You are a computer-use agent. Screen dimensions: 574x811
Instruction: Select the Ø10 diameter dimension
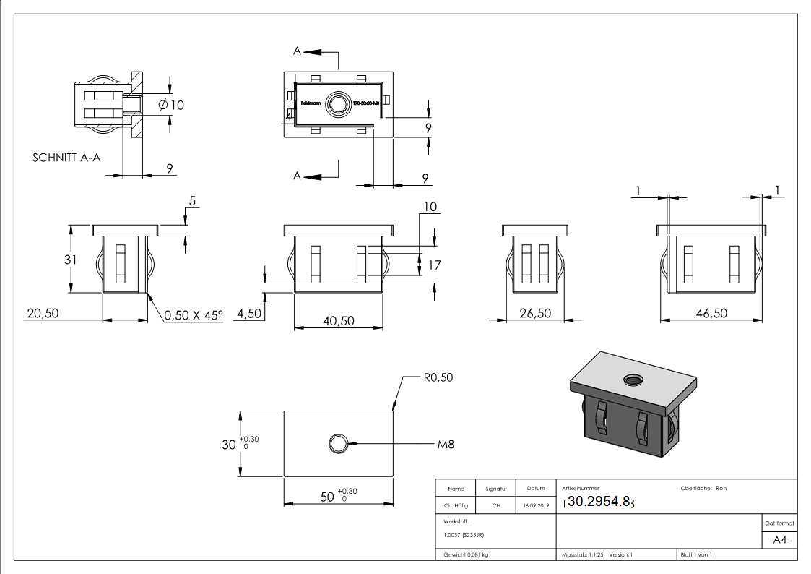[171, 105]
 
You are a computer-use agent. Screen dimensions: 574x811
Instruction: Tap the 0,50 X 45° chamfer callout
[194, 315]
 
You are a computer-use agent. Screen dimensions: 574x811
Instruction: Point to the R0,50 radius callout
[438, 377]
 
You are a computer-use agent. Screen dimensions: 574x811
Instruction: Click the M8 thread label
[446, 444]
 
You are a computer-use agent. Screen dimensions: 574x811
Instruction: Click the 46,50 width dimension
[711, 313]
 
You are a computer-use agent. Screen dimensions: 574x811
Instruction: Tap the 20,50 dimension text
[41, 313]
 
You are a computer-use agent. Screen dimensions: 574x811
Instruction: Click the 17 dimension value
[434, 265]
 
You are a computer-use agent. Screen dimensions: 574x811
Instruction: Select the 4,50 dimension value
[248, 313]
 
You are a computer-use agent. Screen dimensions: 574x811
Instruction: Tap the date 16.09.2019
[535, 506]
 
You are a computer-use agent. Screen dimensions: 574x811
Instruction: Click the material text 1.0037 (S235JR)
[464, 535]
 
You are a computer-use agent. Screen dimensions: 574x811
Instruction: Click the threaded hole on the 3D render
[635, 378]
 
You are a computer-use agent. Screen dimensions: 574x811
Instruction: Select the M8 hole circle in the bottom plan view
[337, 444]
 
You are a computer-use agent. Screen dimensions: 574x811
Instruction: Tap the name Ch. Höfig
[456, 506]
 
